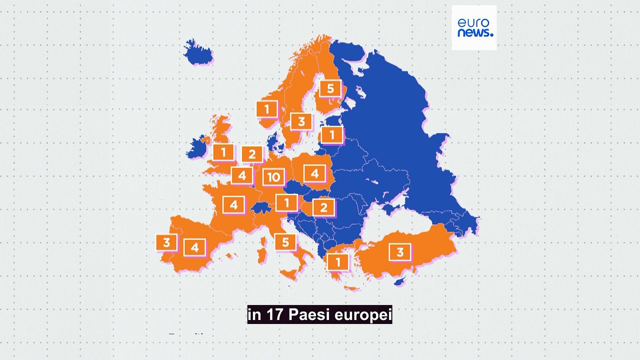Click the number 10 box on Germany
tap(273, 177)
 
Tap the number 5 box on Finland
tap(330, 89)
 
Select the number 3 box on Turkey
tap(399, 252)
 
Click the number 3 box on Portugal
tap(166, 242)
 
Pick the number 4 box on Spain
tap(194, 247)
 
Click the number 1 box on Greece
tap(338, 261)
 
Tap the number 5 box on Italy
tap(285, 242)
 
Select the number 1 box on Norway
tap(267, 109)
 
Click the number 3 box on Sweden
tap(301, 121)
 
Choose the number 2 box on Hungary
tap(323, 207)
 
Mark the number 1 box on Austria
tap(287, 202)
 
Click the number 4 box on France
tap(233, 204)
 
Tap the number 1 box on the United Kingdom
tap(223, 152)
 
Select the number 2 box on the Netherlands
tap(252, 154)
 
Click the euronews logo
tap(474, 27)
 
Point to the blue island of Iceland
tap(198, 52)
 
